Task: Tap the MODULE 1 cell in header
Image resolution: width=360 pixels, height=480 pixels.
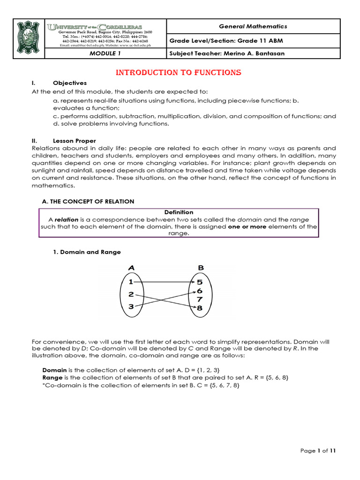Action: point(105,53)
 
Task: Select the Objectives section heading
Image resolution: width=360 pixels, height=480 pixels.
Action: point(70,83)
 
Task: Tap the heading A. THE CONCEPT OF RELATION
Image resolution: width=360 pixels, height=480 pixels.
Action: point(88,201)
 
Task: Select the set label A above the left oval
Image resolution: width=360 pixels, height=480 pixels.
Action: point(132,268)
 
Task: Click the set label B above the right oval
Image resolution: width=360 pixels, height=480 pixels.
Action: point(201,268)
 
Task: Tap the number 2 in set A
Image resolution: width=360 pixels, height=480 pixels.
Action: point(131,294)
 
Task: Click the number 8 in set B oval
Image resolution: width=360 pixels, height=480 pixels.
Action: point(200,307)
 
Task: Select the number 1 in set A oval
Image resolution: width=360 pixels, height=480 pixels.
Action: point(131,282)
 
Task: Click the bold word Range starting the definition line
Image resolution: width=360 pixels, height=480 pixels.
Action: point(52,377)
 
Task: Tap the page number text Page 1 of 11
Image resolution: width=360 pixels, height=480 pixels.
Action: point(318,451)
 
